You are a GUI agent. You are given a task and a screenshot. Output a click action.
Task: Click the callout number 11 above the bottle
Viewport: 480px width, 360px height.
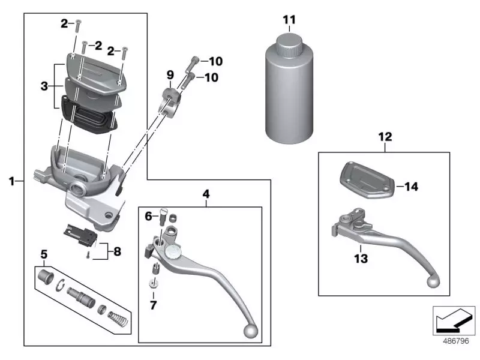pos(289,20)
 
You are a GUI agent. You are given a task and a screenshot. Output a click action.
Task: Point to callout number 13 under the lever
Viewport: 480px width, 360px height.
pos(361,259)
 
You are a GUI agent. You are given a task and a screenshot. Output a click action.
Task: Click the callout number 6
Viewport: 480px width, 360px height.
pos(148,216)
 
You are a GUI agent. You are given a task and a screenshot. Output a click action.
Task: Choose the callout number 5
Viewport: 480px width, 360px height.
pos(43,254)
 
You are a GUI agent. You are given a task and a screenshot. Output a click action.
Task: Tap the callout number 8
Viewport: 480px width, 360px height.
pos(117,251)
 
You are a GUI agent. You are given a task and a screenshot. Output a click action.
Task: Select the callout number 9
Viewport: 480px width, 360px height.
pos(170,75)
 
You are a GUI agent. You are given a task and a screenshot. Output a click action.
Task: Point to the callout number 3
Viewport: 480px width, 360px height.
pos(44,87)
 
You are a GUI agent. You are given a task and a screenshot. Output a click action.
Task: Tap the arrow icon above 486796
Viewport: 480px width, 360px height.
pos(454,320)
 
